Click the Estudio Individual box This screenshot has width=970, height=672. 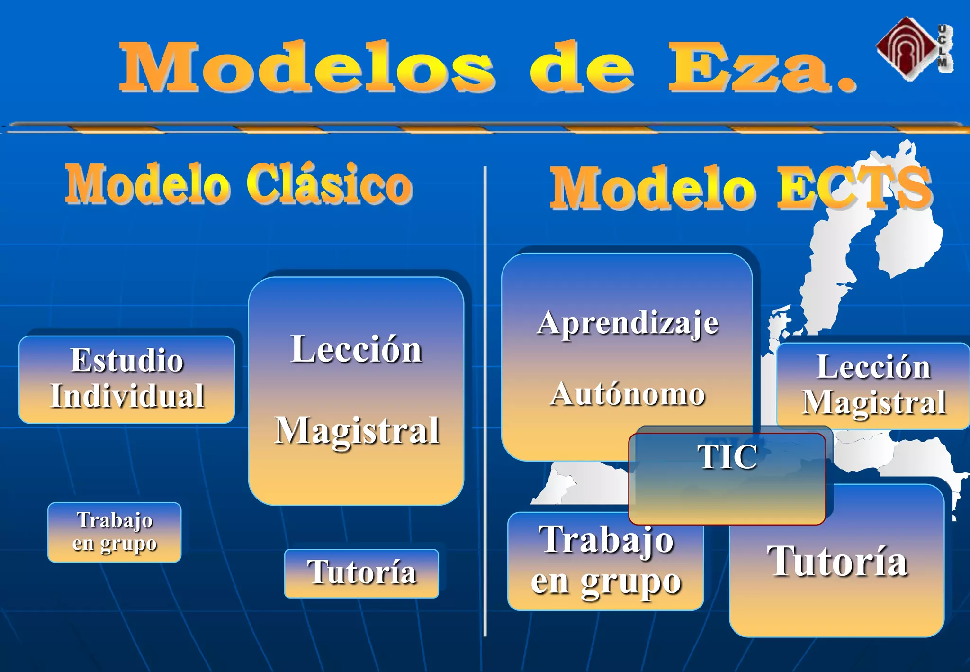[126, 379]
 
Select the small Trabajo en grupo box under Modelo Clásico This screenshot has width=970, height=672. [114, 532]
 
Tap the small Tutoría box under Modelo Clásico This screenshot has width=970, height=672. [361, 573]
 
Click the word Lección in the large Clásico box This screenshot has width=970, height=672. [356, 349]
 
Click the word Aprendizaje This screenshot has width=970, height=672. [628, 324]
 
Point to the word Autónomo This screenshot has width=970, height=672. [628, 394]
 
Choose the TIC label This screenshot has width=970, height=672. [727, 457]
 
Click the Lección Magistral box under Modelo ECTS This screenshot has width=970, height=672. [873, 385]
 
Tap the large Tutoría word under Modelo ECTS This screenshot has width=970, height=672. [837, 562]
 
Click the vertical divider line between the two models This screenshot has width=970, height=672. [485, 403]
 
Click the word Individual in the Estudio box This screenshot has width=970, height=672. [127, 396]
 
